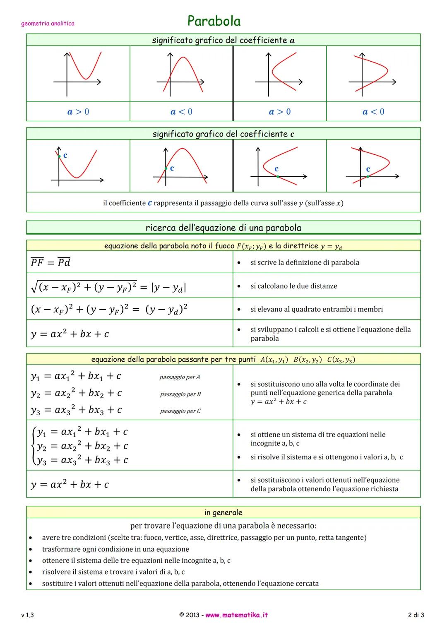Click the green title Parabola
[x=214, y=21]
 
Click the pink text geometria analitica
[x=48, y=24]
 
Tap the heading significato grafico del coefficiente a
[x=223, y=40]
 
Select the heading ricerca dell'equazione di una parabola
[x=223, y=228]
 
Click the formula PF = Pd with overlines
[x=50, y=262]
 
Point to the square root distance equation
[x=108, y=286]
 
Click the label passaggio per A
[x=180, y=377]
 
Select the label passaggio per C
[x=180, y=411]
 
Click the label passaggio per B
[x=180, y=394]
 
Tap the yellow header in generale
[x=223, y=512]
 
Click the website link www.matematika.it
[x=236, y=615]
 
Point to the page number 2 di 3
[x=416, y=615]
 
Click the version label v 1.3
[x=27, y=615]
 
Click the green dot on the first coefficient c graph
[x=59, y=156]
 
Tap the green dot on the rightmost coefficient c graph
[x=368, y=177]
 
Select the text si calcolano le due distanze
[x=293, y=286]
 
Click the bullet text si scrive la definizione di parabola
[x=305, y=262]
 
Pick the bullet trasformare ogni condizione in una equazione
[x=115, y=549]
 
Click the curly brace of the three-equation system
[x=34, y=446]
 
